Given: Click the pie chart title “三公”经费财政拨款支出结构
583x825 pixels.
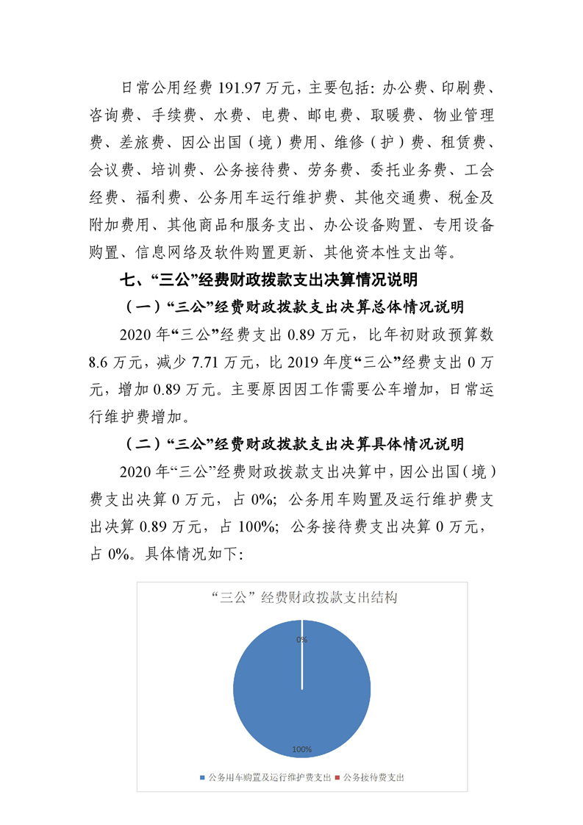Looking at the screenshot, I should click(302, 598).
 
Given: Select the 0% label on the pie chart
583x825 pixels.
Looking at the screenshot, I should click(302, 640).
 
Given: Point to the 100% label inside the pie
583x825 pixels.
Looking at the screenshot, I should click(302, 749).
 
